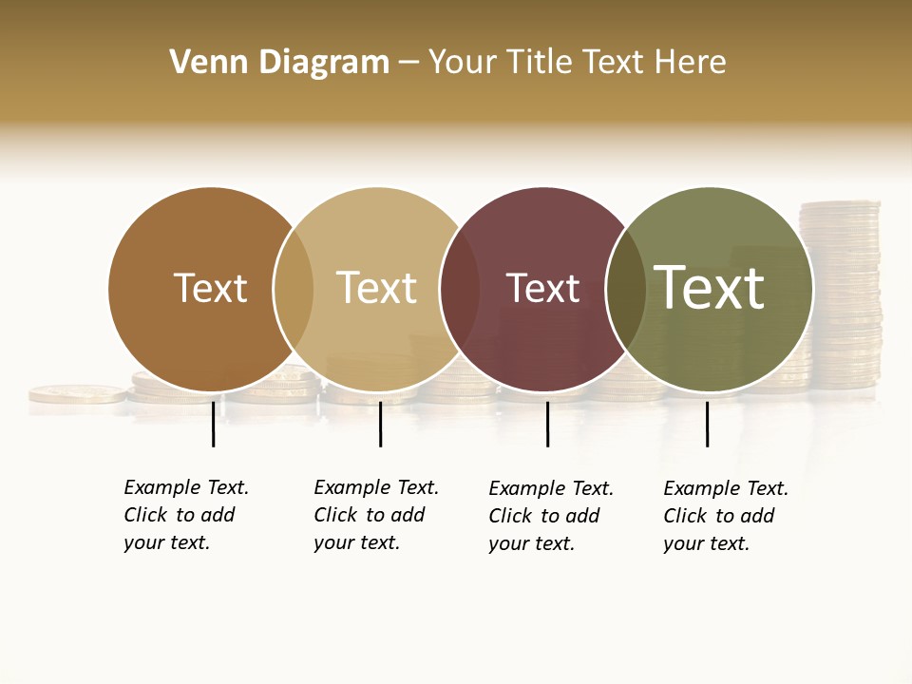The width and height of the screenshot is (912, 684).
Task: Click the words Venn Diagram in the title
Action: point(279,63)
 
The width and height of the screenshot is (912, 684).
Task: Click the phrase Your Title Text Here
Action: point(577,63)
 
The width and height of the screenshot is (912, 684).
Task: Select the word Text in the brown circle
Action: point(210,288)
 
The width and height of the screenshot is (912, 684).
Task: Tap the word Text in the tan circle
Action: point(376,288)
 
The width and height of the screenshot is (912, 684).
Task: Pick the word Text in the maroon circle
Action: point(542,288)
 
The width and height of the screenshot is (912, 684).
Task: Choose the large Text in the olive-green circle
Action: point(710,287)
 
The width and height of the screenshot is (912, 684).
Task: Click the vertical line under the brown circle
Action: point(214,424)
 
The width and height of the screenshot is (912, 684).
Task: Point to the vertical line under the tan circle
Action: point(380,424)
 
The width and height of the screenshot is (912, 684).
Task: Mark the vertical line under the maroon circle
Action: point(547,424)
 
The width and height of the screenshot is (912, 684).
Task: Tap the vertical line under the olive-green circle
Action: point(707,424)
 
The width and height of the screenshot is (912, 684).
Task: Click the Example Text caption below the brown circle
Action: point(186,515)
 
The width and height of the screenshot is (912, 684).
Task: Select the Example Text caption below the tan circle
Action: point(376,515)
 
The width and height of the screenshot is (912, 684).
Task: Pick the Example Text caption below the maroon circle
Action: point(551,516)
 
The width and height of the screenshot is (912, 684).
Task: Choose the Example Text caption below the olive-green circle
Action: point(726,516)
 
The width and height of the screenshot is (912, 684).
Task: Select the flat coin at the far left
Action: point(76,393)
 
